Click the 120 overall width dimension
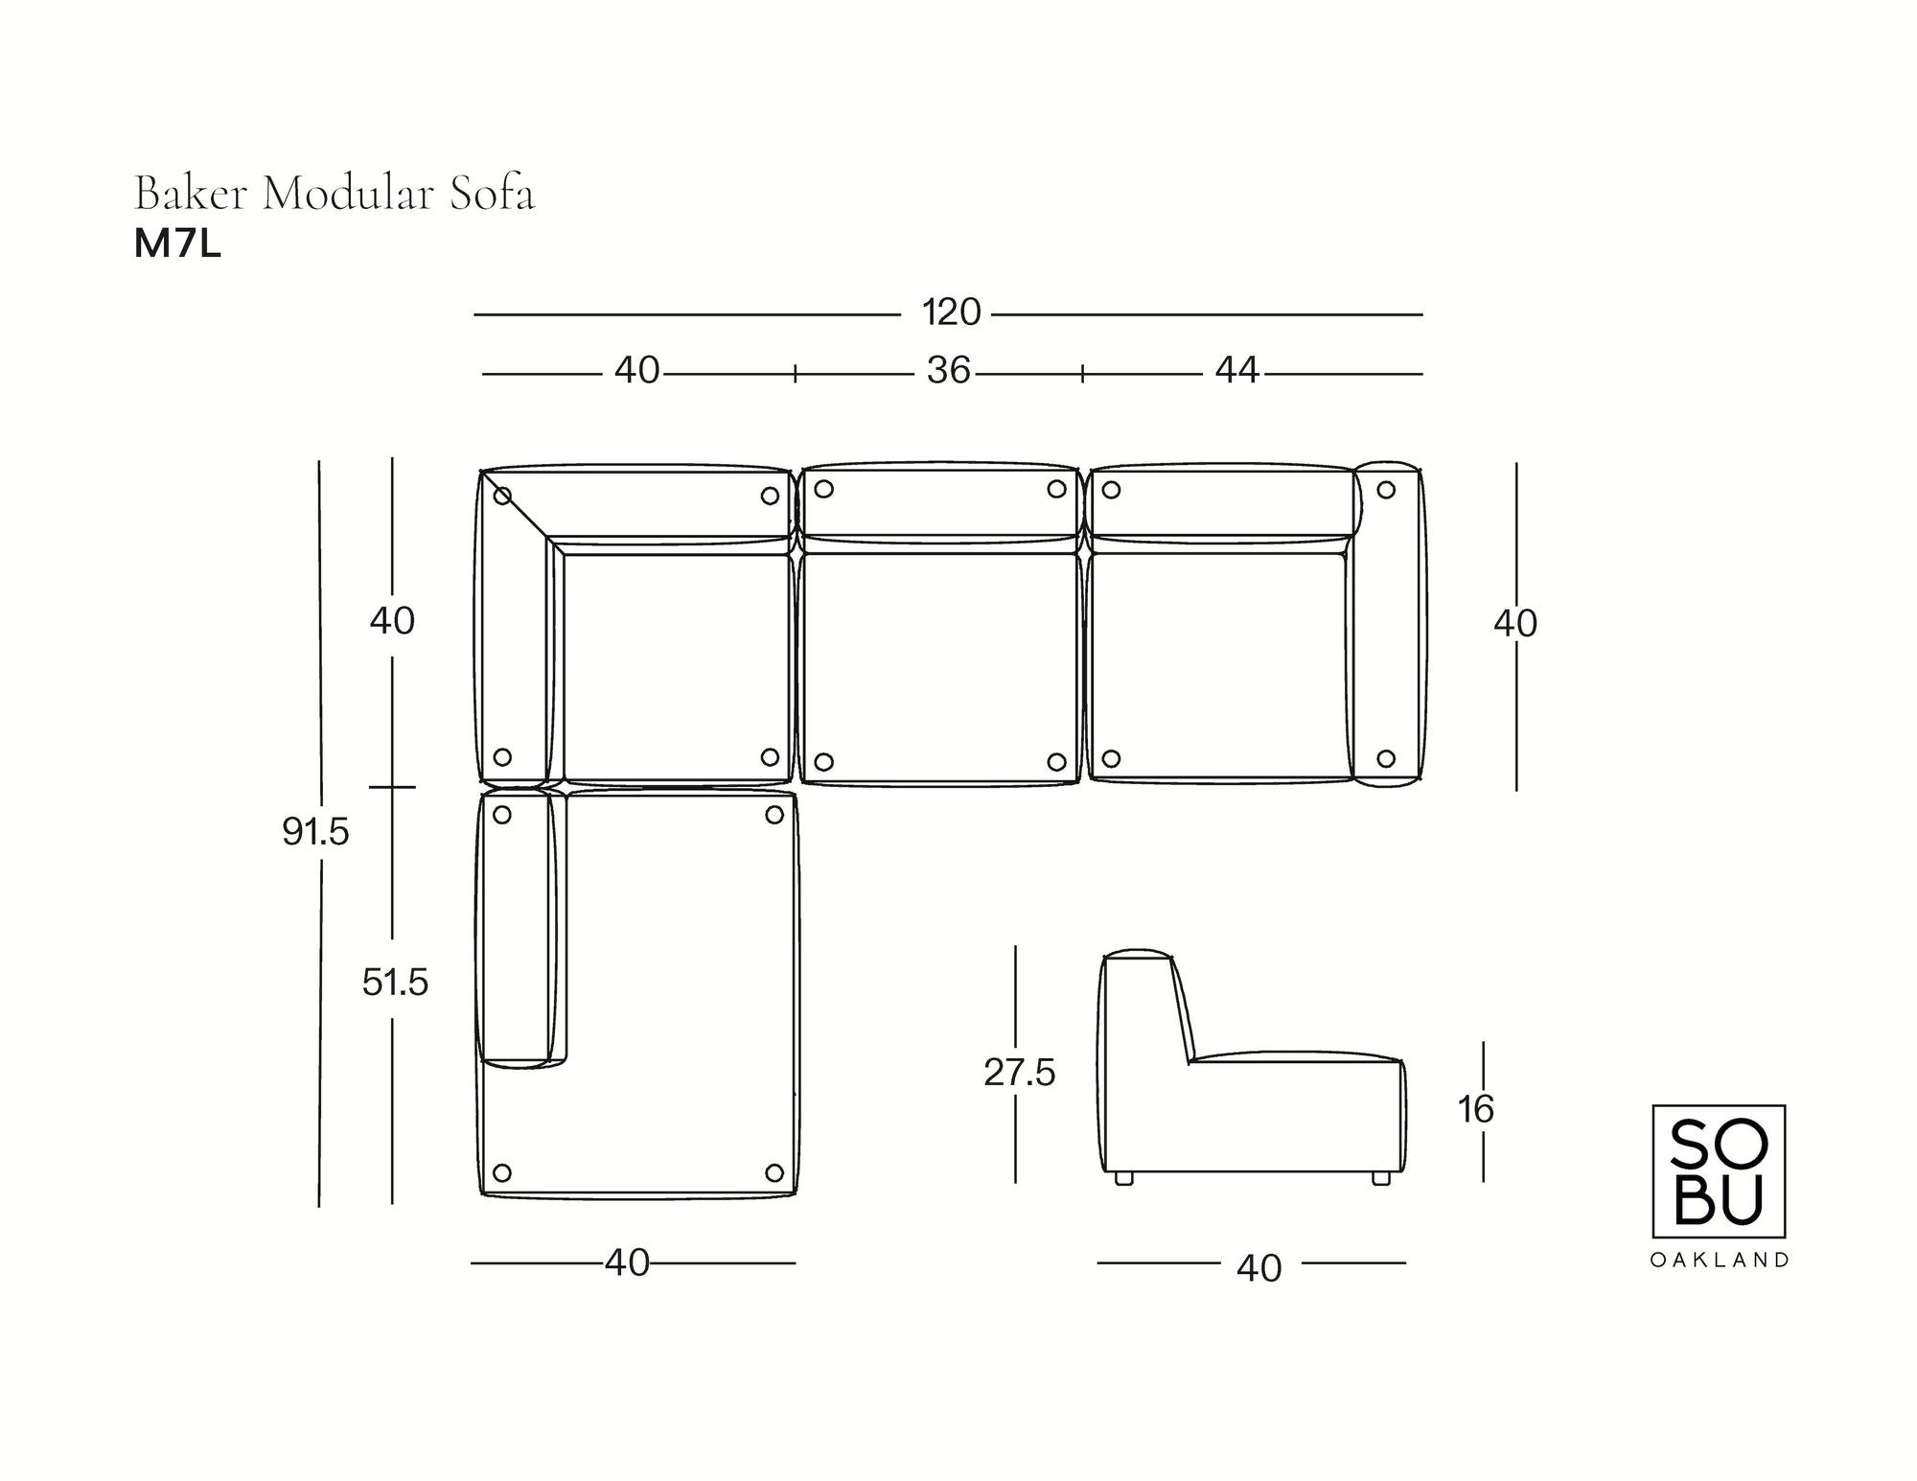951,312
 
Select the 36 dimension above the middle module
948,371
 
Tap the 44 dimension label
1236,371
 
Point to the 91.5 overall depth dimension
315,832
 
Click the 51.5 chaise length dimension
395,983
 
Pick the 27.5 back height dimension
1019,1074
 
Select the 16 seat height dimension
1476,1109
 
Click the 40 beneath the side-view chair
1259,1268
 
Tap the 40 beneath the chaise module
627,1263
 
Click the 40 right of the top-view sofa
1514,624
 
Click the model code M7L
177,245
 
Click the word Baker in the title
192,194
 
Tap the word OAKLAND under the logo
1719,1261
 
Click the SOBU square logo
1719,1171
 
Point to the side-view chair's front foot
1380,1179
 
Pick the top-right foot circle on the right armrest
1386,490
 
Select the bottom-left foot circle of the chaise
501,1172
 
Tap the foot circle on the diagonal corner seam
502,496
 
